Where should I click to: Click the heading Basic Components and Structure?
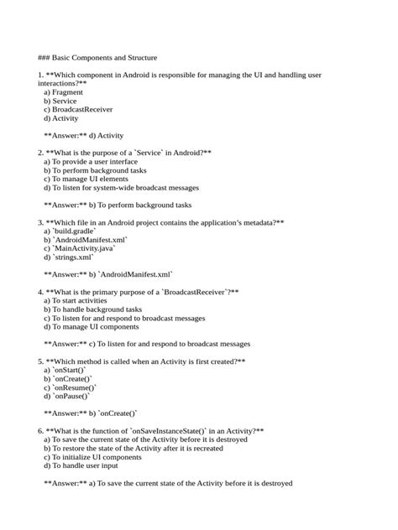tap(97, 58)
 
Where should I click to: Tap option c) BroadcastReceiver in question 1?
tap(77, 109)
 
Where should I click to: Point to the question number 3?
tap(40, 223)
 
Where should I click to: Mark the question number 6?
tap(40, 431)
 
